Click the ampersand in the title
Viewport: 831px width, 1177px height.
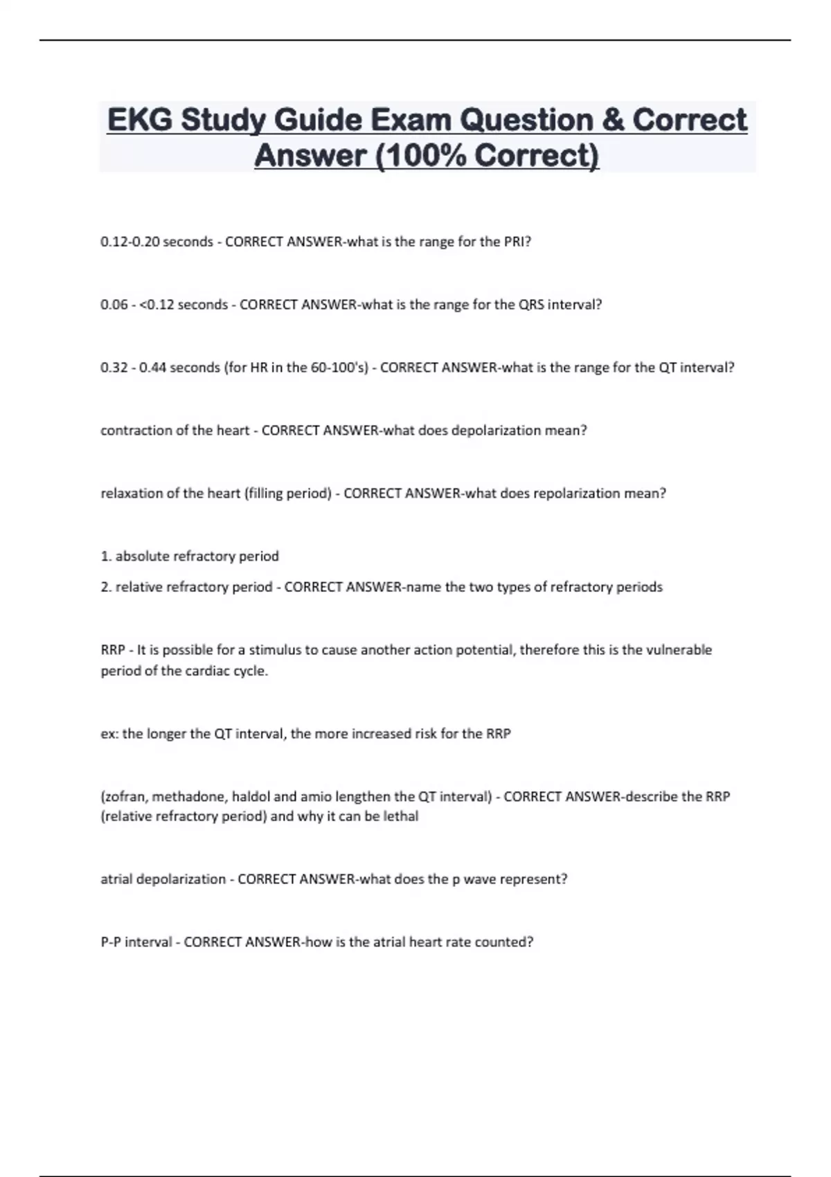coord(612,120)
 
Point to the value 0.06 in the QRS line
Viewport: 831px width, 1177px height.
coord(114,305)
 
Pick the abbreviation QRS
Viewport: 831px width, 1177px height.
coord(531,305)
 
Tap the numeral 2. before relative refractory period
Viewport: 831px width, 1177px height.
coord(106,587)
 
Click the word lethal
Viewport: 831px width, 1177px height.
coord(401,816)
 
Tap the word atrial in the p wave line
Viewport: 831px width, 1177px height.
coord(117,879)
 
